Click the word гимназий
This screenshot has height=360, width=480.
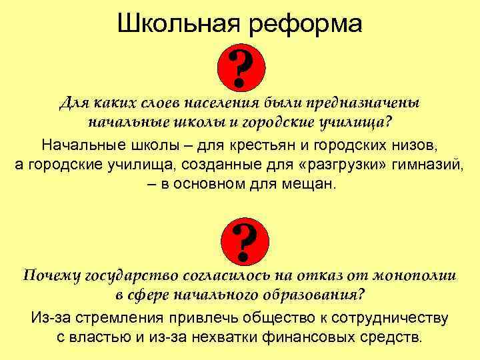click(x=424, y=164)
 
